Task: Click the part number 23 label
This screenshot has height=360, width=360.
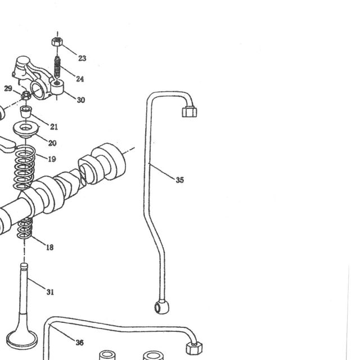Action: point(82,58)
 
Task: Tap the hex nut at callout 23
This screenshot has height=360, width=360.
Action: point(57,42)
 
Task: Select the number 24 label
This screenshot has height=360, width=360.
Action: point(80,79)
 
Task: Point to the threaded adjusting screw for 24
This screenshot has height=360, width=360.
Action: point(57,67)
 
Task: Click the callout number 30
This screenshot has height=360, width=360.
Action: point(81,100)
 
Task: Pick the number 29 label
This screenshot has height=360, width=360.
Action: point(8,88)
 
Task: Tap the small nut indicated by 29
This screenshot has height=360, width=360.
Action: point(26,95)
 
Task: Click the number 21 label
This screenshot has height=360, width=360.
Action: point(54,127)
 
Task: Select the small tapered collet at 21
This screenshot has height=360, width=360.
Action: point(26,111)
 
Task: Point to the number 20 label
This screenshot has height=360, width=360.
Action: point(52,143)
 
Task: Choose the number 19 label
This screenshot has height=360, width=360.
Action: point(52,159)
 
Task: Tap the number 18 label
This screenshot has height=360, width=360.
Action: point(50,247)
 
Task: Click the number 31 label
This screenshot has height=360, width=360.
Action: point(50,292)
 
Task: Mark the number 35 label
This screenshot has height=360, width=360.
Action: point(180,180)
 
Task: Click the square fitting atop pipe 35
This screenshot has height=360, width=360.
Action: point(190,111)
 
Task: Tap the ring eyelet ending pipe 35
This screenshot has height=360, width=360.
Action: point(161,307)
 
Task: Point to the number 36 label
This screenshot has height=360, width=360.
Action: point(79,343)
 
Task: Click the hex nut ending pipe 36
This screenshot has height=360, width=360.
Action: point(194,348)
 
